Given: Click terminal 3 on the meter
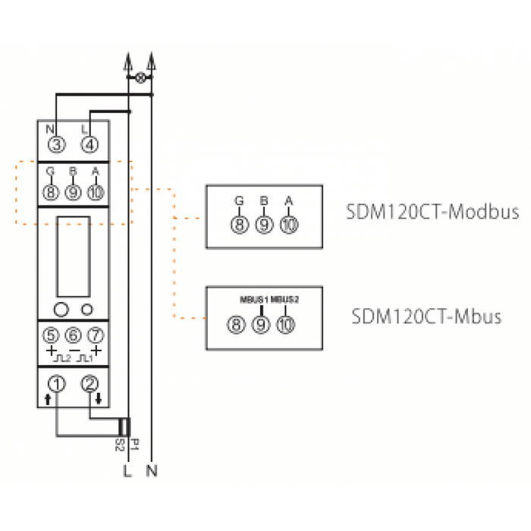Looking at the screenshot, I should pyautogui.click(x=56, y=144).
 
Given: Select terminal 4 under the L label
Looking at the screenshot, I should pyautogui.click(x=89, y=144).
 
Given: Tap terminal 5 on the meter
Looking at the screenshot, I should pyautogui.click(x=51, y=335).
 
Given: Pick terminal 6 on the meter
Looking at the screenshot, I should pyautogui.click(x=74, y=335).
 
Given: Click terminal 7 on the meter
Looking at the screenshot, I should pyautogui.click(x=96, y=335).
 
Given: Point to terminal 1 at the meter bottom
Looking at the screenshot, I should pyautogui.click(x=56, y=383).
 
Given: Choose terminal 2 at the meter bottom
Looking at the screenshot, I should pyautogui.click(x=90, y=383).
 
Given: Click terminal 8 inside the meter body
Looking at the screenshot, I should pyautogui.click(x=51, y=192).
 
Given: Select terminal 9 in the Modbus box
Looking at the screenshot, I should pyautogui.click(x=264, y=225).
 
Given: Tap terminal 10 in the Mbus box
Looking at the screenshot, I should pyautogui.click(x=285, y=325).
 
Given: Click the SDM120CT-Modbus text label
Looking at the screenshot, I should pyautogui.click(x=432, y=212).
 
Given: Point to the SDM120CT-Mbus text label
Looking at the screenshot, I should pyautogui.click(x=426, y=316).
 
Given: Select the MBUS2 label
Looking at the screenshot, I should pyautogui.click(x=285, y=299).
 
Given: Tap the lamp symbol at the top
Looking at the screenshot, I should pyautogui.click(x=140, y=78).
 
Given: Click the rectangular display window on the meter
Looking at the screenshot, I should pyautogui.click(x=74, y=256).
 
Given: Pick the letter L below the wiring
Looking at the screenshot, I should pyautogui.click(x=127, y=472).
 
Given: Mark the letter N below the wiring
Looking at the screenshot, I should pyautogui.click(x=152, y=472).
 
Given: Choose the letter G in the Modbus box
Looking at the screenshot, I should pyautogui.click(x=240, y=201).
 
